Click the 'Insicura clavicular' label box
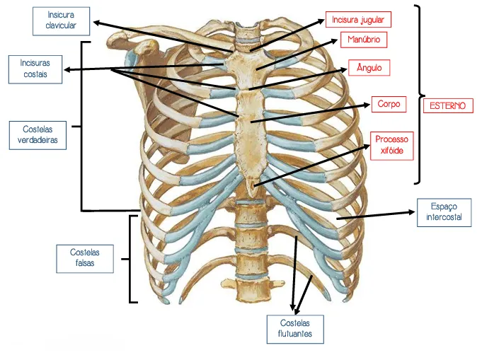tap(61, 21)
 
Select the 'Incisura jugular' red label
tap(358, 20)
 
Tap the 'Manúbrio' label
tap(364, 40)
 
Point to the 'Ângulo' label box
tap(369, 68)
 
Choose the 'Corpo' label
tap(389, 104)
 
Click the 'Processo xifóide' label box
tap(392, 146)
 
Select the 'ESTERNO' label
tap(448, 105)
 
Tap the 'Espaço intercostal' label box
tap(444, 213)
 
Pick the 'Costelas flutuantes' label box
tap(295, 329)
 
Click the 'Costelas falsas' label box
tap(85, 259)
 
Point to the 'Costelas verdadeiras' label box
tap(38, 135)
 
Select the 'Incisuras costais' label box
tap(35, 69)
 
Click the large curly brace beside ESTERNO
tap(419, 94)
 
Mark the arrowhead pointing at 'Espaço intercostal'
tap(411, 212)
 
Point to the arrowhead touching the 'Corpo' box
tap(366, 105)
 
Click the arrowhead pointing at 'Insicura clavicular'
tap(97, 23)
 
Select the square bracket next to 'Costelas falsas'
tap(130, 259)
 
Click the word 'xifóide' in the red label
tap(392, 151)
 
